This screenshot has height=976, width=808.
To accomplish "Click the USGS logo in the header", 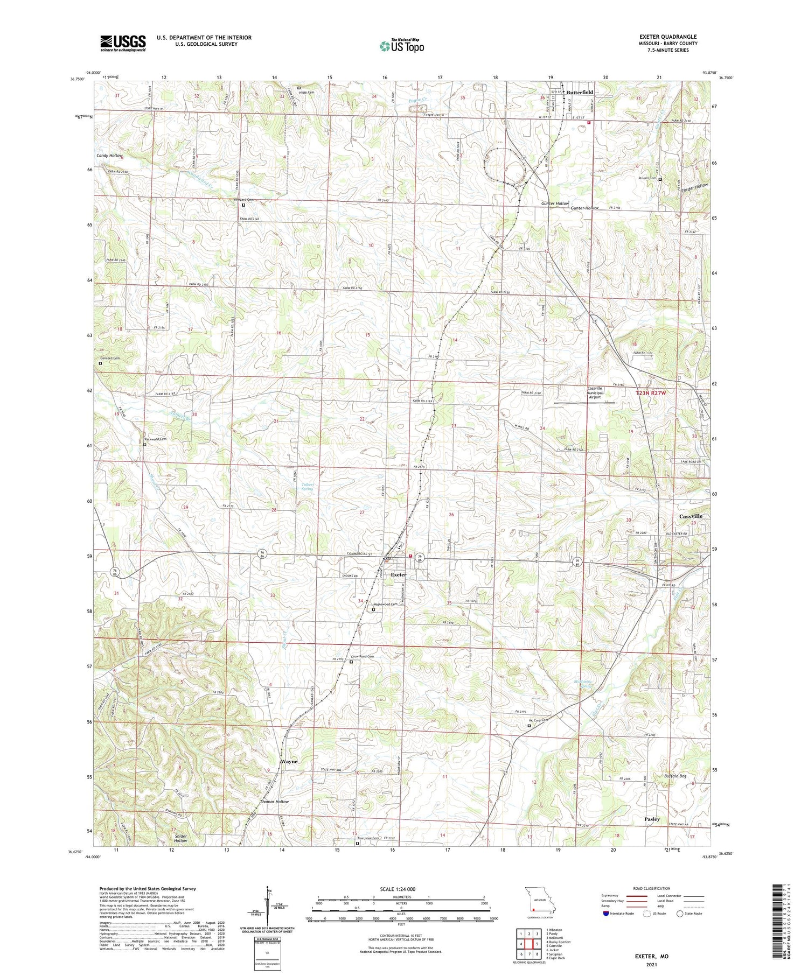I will (x=123, y=43).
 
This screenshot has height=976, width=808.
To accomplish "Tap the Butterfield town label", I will (x=580, y=93).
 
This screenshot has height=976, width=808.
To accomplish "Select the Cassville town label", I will (x=691, y=516).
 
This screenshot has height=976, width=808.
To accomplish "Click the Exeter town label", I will (x=399, y=575).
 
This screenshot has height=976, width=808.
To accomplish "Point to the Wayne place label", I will (x=289, y=762).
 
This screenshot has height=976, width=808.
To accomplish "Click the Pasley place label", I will (x=652, y=819).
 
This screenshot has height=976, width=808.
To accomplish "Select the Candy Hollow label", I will (x=109, y=156).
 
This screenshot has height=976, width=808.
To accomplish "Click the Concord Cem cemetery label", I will (x=109, y=359).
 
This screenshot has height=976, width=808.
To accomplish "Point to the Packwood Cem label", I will (x=155, y=439).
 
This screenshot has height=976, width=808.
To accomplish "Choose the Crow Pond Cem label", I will (x=363, y=657).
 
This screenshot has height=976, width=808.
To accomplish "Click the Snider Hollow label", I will (x=180, y=838).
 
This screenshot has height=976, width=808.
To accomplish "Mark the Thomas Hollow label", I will (x=274, y=802).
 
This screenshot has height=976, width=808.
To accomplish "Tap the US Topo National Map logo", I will (x=401, y=46).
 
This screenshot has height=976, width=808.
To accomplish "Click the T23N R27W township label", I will (x=651, y=394).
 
